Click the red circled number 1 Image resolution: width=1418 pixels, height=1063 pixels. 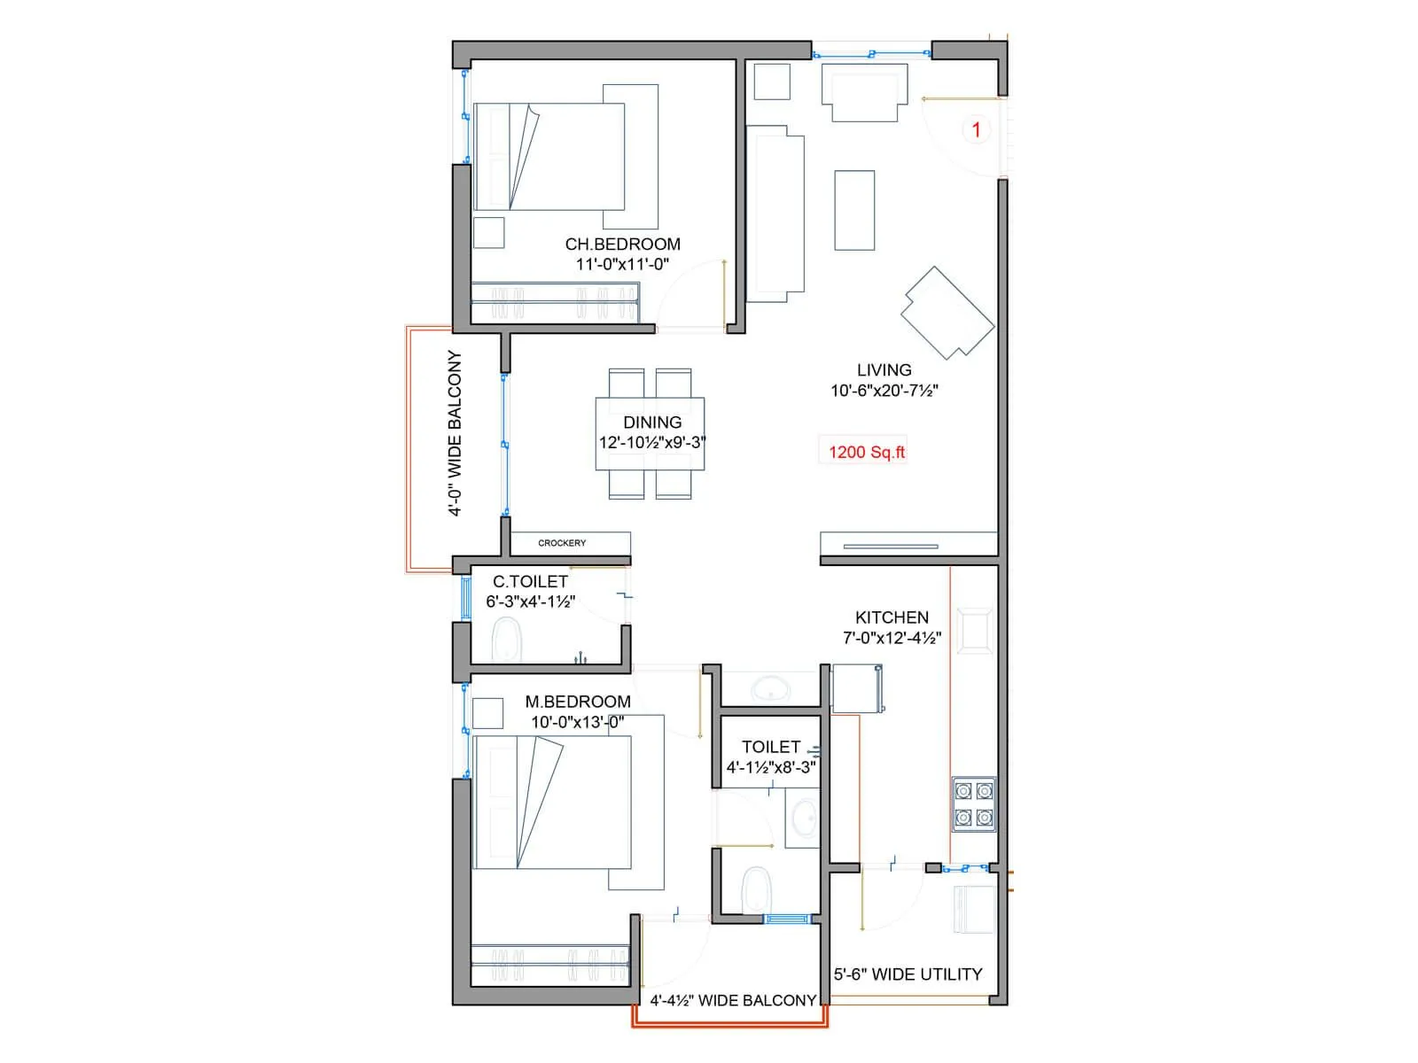[x=976, y=130]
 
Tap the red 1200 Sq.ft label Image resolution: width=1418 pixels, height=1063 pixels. [x=866, y=452]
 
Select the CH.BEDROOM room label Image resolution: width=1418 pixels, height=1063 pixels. [x=622, y=244]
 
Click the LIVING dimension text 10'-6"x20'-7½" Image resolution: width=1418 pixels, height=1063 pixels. [x=884, y=391]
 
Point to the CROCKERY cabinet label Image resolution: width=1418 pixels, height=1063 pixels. [x=562, y=543]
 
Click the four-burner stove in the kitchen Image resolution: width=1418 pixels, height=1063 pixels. [x=973, y=803]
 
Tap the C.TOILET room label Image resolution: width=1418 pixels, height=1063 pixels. [x=530, y=582]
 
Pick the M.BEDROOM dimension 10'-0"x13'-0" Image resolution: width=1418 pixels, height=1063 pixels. [x=577, y=722]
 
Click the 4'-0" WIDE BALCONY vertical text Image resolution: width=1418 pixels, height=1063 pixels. [x=454, y=433]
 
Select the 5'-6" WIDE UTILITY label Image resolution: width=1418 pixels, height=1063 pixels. [x=908, y=974]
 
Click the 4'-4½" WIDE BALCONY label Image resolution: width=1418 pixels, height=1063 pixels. [x=732, y=1000]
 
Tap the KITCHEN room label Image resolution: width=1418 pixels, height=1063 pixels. [x=892, y=617]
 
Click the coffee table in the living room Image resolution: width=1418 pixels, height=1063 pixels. [x=854, y=210]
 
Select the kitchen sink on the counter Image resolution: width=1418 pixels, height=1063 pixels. [x=976, y=631]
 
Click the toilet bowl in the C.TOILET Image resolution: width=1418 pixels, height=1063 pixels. [x=507, y=639]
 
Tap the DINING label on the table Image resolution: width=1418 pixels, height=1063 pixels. [x=652, y=423]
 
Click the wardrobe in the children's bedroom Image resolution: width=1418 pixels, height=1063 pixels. [x=555, y=301]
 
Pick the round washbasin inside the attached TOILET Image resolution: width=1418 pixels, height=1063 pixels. [x=804, y=817]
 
